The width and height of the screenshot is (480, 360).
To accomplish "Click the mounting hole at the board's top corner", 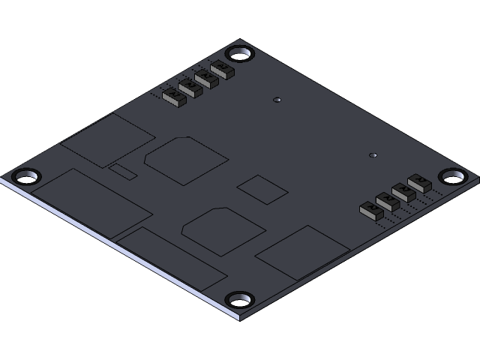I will coord(240,54).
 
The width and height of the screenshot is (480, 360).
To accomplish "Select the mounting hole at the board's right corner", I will coord(452,177).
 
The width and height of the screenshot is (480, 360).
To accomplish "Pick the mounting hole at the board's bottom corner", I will coord(240,300).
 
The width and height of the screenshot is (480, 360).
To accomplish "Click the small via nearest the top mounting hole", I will coord(277,100).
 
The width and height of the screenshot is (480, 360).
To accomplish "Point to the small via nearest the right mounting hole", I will coord(373,155).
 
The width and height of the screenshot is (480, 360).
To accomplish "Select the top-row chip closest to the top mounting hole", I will coord(223,70).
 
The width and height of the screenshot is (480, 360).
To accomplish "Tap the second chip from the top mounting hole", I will coord(207,79).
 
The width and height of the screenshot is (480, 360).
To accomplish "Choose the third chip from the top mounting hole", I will coord(190,88).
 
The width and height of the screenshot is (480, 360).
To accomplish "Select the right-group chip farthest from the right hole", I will coord(371,210).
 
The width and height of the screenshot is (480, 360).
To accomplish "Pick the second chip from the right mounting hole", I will coord(404,192).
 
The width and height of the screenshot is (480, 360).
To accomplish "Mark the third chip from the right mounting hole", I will coord(388,201).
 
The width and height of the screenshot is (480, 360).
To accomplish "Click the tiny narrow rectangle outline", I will coord(123,171).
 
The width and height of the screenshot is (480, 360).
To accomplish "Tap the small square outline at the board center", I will coord(262,189).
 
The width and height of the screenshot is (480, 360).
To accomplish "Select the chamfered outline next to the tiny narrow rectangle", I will coord(186,160).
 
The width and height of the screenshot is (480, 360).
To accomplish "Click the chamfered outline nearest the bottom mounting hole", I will coord(223,230).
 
